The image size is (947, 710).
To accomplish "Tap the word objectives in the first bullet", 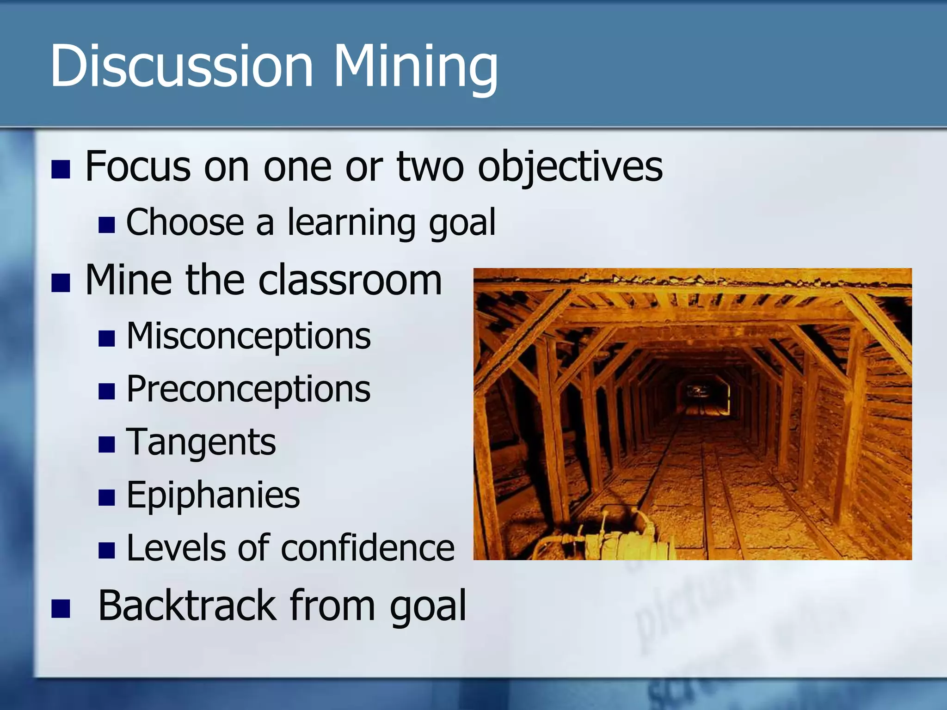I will (570, 167).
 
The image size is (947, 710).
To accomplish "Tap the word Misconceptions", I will (248, 337).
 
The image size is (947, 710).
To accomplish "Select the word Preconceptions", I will (248, 390).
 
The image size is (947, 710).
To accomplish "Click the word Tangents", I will (201, 442).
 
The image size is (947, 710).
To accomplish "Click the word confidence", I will (368, 548).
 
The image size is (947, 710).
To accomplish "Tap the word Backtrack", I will (187, 606).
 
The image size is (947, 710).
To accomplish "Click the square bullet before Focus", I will (61, 170).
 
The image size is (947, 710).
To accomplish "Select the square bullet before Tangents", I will (106, 445).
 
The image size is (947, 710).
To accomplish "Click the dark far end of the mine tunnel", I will (702, 393).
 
